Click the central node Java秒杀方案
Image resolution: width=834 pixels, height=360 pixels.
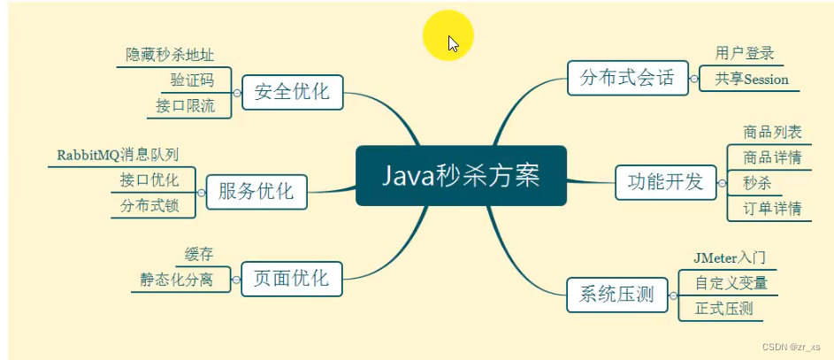pos(460,175)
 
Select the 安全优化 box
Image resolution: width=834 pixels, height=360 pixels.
pos(291,91)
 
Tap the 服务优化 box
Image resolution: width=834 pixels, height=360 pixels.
pos(256,191)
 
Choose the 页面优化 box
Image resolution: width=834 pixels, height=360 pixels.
pos(291,279)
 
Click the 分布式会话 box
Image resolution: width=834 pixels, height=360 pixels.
pos(626,78)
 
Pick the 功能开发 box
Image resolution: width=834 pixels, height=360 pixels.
pos(665,182)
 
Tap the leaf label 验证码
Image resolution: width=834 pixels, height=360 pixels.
pos(192,80)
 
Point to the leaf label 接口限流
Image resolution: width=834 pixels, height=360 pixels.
pos(185,106)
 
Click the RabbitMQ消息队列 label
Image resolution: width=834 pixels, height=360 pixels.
pos(118,155)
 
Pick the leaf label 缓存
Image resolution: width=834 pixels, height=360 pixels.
pos(199,255)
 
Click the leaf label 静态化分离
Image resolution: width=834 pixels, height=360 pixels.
pos(176,280)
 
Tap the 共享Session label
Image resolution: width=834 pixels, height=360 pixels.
pos(752,80)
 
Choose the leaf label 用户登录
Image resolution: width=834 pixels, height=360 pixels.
pos(745,54)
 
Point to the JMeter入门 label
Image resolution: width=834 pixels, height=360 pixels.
pos(730,258)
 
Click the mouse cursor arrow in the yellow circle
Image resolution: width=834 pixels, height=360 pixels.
pos(453,42)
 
